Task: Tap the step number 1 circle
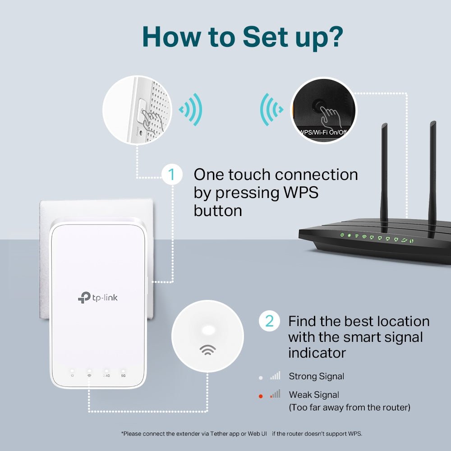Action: (171, 174)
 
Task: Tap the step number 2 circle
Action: (269, 321)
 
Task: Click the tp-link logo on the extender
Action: (98, 297)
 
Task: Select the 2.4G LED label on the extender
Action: (106, 375)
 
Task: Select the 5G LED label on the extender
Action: (123, 375)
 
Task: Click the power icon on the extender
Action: (72, 375)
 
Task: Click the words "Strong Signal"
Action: (316, 376)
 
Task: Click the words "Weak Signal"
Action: (314, 395)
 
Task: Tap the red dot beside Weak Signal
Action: (260, 396)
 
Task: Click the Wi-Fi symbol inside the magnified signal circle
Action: (207, 350)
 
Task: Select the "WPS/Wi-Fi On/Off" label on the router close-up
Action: (323, 132)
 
